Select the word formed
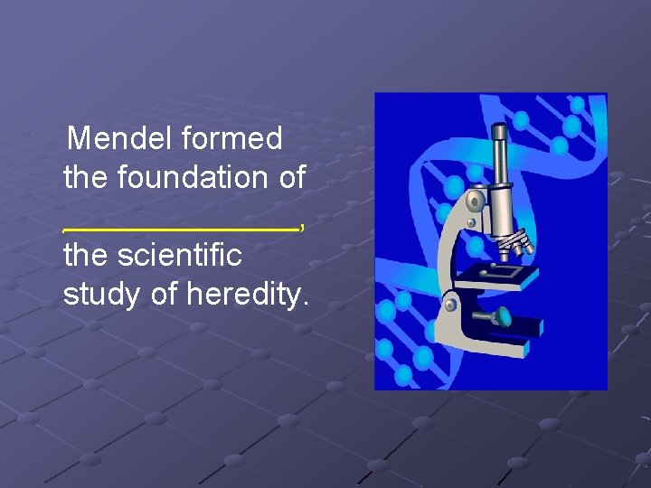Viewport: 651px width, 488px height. (x=231, y=139)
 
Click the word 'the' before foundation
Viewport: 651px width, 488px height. (x=87, y=178)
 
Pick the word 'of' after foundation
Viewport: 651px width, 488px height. (x=291, y=178)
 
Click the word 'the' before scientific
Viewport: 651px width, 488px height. (x=87, y=256)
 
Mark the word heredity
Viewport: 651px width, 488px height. (x=246, y=295)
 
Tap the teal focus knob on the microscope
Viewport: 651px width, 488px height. (x=501, y=316)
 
